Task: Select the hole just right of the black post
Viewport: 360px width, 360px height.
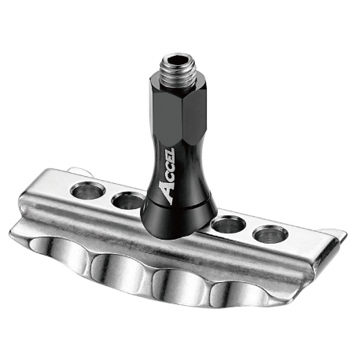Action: coord(228,224)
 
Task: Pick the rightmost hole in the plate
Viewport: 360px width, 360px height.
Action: coord(270,234)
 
